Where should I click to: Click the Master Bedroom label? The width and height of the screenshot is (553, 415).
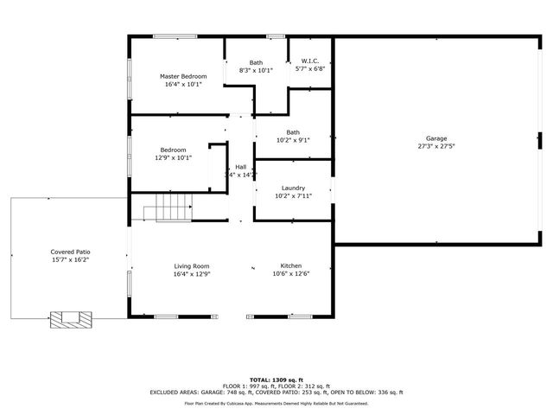[183, 76]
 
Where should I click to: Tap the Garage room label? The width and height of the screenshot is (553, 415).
[436, 138]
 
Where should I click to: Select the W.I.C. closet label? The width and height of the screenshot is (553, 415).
[310, 61]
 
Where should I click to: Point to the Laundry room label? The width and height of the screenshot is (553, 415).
[293, 188]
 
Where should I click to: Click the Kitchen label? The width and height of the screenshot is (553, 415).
[290, 265]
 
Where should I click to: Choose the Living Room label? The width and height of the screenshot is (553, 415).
[192, 265]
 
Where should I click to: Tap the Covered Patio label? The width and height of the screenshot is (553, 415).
[69, 251]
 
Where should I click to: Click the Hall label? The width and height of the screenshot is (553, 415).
[240, 167]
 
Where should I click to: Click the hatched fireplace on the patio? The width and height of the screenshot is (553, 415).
[68, 319]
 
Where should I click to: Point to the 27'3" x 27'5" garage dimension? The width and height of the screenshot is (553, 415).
[436, 147]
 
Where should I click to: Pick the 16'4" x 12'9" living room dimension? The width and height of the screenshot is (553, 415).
[192, 274]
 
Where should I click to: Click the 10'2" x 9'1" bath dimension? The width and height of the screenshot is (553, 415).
[293, 140]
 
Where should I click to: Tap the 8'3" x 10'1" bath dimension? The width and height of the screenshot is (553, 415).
[256, 70]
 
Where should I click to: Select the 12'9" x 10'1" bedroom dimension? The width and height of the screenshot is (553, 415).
[173, 158]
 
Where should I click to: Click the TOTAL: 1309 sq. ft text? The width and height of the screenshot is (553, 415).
[276, 380]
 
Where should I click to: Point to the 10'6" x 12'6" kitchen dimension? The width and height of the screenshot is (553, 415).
[290, 274]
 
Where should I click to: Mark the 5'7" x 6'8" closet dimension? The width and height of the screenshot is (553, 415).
[310, 69]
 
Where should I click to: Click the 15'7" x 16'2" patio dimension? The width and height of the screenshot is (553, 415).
[69, 259]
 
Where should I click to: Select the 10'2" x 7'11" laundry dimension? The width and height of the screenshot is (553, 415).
[293, 196]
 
